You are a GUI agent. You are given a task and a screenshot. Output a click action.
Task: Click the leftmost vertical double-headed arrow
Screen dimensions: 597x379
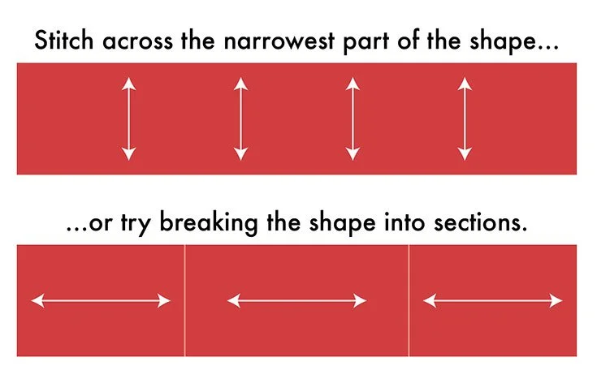128,118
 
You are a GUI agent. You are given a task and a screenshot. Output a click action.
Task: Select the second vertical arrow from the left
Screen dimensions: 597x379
240,118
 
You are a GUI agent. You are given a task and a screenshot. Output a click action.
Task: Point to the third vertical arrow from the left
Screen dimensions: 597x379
352,118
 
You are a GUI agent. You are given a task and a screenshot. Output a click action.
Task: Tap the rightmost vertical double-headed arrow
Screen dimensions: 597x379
464,118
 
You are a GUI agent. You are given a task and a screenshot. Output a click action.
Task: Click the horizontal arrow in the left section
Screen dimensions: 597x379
101,301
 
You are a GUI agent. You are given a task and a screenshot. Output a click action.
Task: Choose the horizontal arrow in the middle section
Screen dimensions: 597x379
297,301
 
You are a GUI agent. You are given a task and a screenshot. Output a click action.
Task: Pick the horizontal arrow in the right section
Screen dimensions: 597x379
494,301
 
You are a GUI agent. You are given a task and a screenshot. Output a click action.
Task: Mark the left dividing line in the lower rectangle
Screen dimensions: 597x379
185,300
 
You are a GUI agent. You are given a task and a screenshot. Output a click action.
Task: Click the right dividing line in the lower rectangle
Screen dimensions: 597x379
409,300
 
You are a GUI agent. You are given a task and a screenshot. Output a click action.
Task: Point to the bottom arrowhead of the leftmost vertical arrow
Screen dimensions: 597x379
128,154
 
